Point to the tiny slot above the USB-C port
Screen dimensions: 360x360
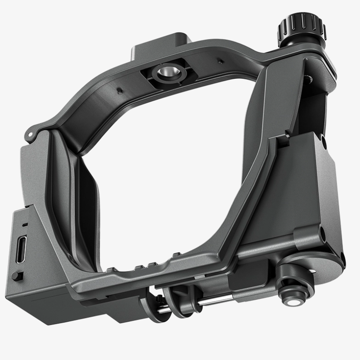coord(24,224)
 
